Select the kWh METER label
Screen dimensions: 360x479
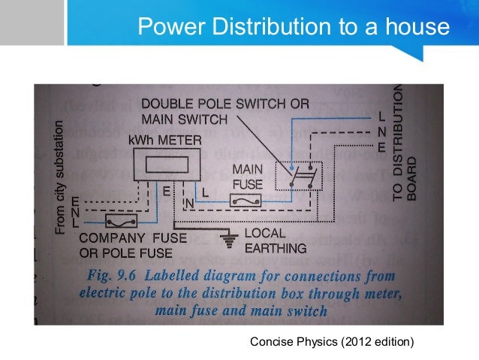pyautogui.click(x=165, y=140)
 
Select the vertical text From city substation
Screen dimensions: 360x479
pyautogui.click(x=61, y=177)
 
